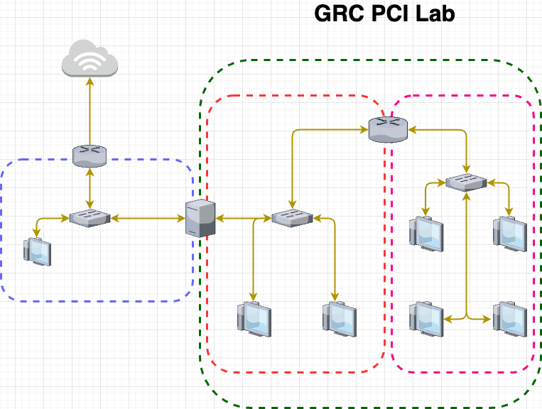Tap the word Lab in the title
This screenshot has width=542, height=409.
tap(434, 13)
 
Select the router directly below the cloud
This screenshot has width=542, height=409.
tap(90, 155)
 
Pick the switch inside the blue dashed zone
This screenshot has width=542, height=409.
tap(90, 218)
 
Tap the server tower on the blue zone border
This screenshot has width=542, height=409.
tap(200, 218)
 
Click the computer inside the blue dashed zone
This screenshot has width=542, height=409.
tap(38, 251)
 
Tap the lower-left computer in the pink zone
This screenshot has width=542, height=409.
tap(426, 317)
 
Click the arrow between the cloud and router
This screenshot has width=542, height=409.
tap(90, 110)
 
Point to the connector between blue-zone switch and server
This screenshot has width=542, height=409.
tap(146, 218)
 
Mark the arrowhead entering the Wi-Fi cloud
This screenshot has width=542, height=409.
tap(90, 79)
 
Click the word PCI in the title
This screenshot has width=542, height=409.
tap(389, 13)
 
